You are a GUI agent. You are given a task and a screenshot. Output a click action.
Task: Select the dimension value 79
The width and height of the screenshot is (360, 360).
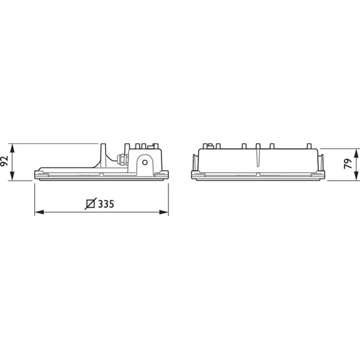click(x=348, y=164)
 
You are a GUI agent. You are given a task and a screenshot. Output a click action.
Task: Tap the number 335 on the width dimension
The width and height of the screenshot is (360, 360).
click(x=106, y=204)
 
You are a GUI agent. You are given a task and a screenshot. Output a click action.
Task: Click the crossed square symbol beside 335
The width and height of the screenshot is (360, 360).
click(x=91, y=203)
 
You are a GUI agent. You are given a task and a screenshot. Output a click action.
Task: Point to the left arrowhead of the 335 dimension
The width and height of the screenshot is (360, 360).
click(x=39, y=212)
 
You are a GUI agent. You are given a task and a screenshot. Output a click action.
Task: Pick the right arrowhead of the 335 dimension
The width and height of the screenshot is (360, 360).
click(x=164, y=212)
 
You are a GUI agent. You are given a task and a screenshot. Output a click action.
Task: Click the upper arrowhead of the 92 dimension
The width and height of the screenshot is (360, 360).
click(x=12, y=148)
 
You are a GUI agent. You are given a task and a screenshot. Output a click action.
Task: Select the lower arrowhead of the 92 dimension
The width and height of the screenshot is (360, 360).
click(x=12, y=176)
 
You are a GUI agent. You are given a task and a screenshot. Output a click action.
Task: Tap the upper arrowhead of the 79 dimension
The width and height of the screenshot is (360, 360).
click(x=356, y=153)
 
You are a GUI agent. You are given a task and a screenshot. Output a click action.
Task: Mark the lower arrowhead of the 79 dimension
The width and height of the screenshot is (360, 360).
click(x=356, y=176)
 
